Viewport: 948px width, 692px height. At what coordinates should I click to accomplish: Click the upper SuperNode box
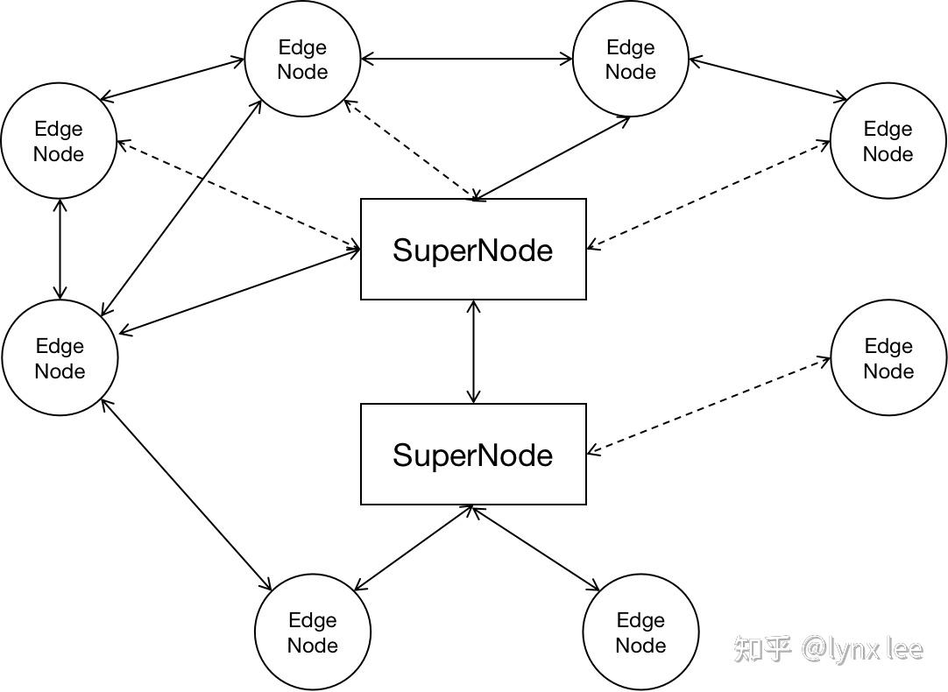473,250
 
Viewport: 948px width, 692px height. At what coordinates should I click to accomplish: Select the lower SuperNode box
473,455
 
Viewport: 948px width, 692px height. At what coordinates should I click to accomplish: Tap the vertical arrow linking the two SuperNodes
474,351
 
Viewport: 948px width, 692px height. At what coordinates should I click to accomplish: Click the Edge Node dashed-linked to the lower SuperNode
888,357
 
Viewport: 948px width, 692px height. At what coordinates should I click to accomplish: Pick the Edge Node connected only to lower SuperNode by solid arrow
640,632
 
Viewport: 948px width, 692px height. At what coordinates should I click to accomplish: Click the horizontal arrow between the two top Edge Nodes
466,60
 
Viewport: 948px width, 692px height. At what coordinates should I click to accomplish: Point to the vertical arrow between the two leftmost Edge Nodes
60,250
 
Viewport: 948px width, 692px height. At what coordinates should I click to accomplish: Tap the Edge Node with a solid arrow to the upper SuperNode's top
631,59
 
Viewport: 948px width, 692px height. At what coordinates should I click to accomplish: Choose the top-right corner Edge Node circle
888,141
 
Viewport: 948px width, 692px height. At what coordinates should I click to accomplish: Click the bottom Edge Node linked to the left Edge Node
313,632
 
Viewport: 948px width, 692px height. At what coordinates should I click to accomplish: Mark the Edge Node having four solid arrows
60,357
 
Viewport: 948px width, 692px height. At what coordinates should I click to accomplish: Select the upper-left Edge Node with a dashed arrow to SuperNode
59,141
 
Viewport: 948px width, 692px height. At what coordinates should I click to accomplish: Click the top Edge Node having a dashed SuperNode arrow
302,59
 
